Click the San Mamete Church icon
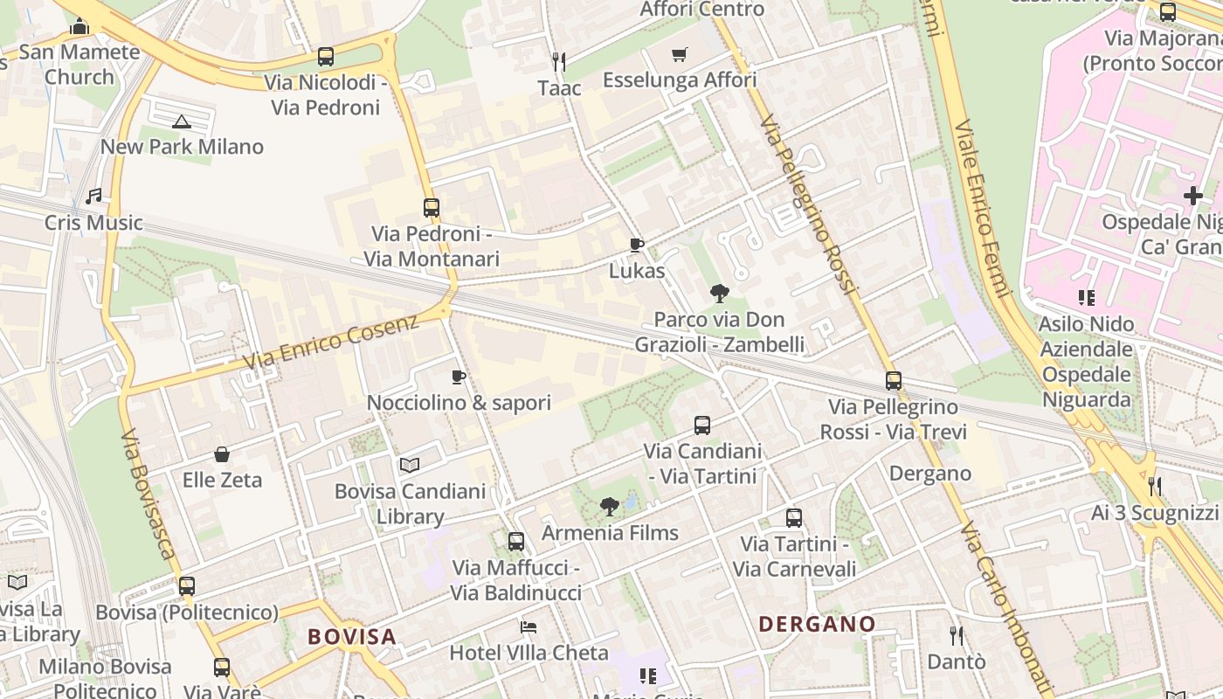(x=79, y=27)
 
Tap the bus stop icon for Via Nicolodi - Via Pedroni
(x=326, y=57)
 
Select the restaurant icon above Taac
(x=559, y=61)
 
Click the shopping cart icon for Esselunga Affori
(x=680, y=55)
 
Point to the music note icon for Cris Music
(x=93, y=197)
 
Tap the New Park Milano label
(x=182, y=147)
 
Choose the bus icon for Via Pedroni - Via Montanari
(x=432, y=208)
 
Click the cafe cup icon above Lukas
(x=637, y=246)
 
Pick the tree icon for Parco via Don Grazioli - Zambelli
(x=720, y=294)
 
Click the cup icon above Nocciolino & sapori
(x=459, y=377)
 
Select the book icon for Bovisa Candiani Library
(x=410, y=466)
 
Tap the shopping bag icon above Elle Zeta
(x=222, y=454)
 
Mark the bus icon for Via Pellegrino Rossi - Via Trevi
(x=893, y=381)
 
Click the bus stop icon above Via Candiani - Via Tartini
(x=702, y=426)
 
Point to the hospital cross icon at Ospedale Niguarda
(x=1193, y=196)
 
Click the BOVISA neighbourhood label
(x=352, y=636)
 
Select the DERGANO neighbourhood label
(x=817, y=624)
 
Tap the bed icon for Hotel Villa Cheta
(x=529, y=627)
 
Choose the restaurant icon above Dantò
(x=957, y=635)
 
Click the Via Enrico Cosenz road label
(x=331, y=342)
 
